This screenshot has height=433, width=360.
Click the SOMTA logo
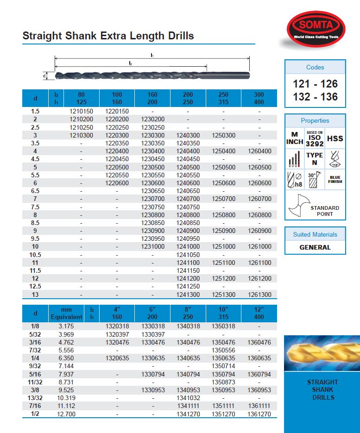(315, 28)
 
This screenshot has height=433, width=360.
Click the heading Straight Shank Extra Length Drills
(108, 36)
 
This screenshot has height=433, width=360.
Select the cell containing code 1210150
(81, 112)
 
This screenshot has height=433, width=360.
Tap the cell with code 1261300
(259, 295)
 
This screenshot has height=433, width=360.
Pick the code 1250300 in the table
(223, 135)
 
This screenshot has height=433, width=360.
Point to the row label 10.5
(35, 255)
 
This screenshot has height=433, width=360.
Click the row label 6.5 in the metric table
(35, 191)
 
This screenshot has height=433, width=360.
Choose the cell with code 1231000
(152, 247)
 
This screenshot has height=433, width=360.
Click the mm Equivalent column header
(66, 313)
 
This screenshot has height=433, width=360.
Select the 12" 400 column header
(259, 313)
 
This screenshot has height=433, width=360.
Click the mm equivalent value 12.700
(66, 413)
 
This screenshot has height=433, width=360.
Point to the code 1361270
(259, 413)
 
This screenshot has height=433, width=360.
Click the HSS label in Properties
(335, 138)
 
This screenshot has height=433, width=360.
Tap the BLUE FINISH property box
(335, 179)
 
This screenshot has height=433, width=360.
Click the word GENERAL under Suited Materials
(315, 247)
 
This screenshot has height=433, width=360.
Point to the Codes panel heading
(315, 67)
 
